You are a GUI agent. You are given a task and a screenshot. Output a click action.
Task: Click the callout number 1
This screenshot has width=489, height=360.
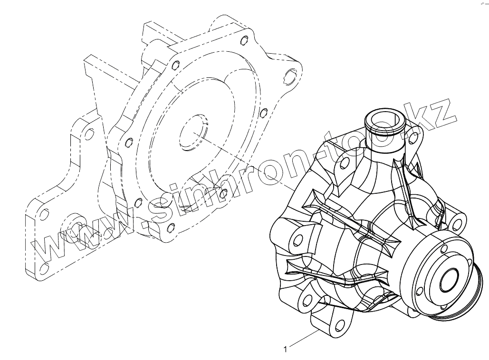[285, 350]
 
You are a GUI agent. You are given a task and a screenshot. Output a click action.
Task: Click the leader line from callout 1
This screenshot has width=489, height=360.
[304, 338]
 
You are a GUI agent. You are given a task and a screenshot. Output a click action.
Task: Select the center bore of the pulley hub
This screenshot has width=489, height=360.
[450, 279]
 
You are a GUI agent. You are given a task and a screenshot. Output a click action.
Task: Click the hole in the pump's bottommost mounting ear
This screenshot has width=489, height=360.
[338, 325]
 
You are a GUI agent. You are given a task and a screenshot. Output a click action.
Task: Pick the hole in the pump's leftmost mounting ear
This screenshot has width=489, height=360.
[298, 239]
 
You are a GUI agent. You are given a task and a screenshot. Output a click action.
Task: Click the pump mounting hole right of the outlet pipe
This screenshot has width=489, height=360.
[414, 137]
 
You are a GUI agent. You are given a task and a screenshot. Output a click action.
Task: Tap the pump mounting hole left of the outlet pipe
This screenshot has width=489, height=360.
[345, 163]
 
